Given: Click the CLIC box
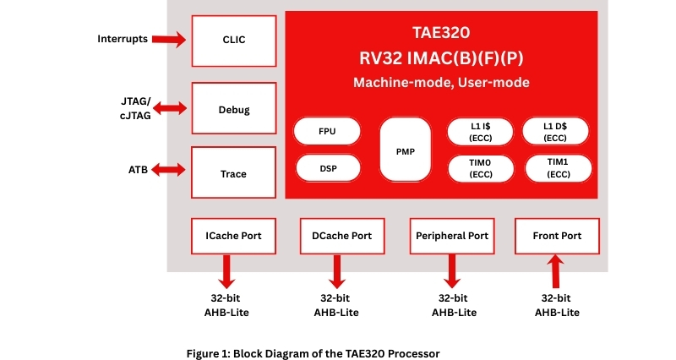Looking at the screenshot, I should (234, 40).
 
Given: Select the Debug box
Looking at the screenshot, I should (234, 110).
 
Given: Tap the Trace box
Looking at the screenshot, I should (234, 173).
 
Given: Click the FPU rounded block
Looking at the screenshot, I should (327, 132).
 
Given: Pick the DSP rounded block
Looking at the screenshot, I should (327, 167).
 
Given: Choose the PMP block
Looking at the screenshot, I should (405, 150).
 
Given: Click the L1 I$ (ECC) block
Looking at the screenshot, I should (481, 132).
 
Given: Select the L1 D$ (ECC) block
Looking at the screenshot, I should (556, 132).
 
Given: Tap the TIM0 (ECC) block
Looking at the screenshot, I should (481, 167).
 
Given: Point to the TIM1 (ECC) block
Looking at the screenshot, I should (556, 167).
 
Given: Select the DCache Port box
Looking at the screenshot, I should (336, 236).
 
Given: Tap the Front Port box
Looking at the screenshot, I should (557, 236).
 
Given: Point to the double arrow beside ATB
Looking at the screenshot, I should (169, 170).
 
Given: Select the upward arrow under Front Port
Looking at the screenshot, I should (555, 273).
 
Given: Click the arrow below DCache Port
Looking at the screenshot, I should (336, 271).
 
